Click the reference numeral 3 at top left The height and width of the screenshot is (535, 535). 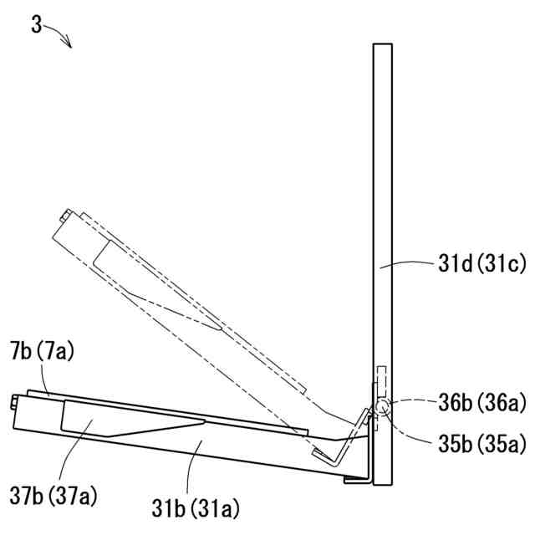click(36, 25)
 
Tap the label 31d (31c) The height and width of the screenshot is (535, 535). click(481, 264)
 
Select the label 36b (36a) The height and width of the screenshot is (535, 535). click(481, 403)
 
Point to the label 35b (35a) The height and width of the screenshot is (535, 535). click(481, 444)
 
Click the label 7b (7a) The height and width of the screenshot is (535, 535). click(42, 351)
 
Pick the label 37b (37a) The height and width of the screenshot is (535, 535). click(53, 496)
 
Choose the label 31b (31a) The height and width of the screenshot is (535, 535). click(196, 509)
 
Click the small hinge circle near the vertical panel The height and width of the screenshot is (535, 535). click(381, 406)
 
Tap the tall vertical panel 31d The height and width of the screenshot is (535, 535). click(383, 264)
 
